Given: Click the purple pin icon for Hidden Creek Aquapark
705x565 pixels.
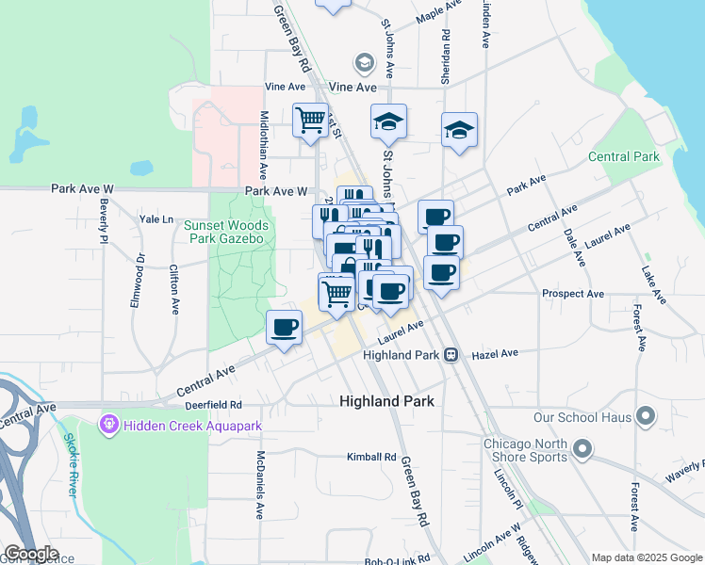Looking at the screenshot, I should click(109, 427).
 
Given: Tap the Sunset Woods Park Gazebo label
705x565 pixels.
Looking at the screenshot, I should click(226, 232).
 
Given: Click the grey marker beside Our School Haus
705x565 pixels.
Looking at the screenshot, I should click(646, 415).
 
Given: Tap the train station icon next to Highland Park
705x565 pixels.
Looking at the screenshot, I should click(451, 355).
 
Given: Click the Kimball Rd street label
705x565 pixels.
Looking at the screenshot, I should click(370, 457).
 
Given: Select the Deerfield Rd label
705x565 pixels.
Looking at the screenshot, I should click(215, 404).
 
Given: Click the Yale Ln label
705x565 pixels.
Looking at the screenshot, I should click(156, 219).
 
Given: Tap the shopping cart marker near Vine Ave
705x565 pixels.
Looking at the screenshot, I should click(310, 121).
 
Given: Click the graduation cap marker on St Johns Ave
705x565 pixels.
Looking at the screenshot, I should click(387, 122).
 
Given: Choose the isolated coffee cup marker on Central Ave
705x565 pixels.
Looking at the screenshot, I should click(285, 329).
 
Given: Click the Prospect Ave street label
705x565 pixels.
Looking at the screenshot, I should click(573, 294).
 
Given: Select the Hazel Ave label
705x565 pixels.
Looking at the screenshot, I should click(496, 354).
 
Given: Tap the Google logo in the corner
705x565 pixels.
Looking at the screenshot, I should click(31, 554).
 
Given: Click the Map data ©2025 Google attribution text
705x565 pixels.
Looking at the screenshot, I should click(645, 557).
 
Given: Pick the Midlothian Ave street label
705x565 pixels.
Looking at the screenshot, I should click(264, 141).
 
